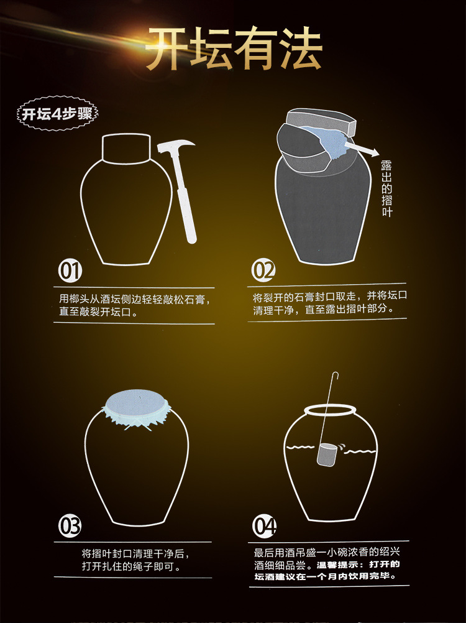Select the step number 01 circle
pyautogui.click(x=70, y=270)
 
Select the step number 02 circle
pyautogui.click(x=263, y=270)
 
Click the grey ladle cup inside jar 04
pyautogui.click(x=327, y=455)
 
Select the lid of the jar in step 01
pyautogui.click(x=127, y=148)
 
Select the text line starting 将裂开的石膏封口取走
pyautogui.click(x=330, y=297)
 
